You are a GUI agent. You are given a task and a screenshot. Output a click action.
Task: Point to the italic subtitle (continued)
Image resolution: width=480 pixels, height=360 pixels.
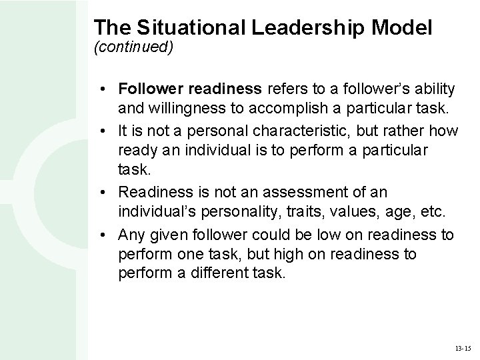coord(133,48)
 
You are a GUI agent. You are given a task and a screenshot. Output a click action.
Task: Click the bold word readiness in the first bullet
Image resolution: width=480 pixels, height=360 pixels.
coord(229,89)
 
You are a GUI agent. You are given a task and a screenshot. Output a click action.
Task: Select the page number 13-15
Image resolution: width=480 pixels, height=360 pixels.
coord(461,348)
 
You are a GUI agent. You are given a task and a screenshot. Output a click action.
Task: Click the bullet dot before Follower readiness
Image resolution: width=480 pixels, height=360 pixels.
coord(107,89)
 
